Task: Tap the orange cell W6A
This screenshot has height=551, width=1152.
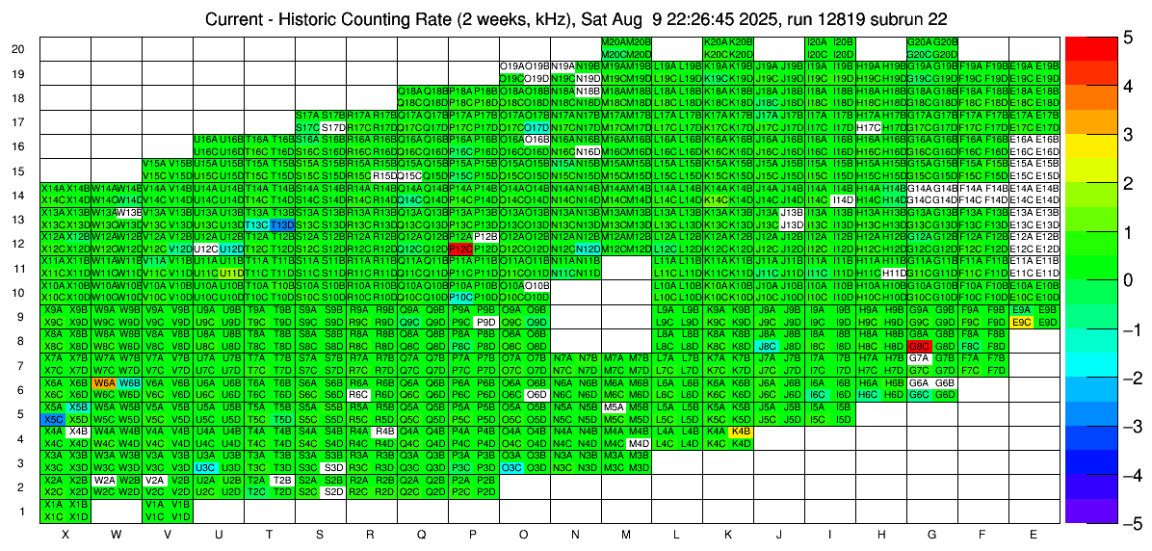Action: pyautogui.click(x=105, y=382)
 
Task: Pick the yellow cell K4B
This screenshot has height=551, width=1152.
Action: pyautogui.click(x=741, y=432)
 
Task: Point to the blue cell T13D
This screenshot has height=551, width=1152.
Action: pyautogui.click(x=282, y=224)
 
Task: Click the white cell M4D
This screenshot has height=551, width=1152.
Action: pyautogui.click(x=639, y=443)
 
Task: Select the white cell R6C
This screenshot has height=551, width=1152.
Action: pyautogui.click(x=359, y=394)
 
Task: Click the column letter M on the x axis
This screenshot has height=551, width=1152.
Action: pyautogui.click(x=626, y=534)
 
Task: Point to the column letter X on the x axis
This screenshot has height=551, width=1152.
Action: pyautogui.click(x=65, y=534)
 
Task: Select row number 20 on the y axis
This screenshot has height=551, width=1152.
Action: pyautogui.click(x=18, y=49)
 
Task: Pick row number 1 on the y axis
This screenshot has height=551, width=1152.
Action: pyautogui.click(x=22, y=511)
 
